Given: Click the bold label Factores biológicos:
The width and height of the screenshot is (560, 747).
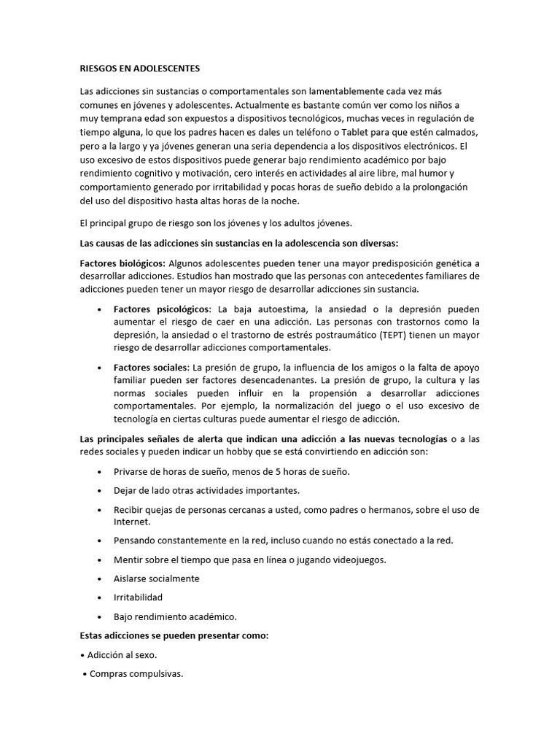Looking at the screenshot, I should point(122,263).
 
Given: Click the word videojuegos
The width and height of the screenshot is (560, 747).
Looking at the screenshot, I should point(351,560).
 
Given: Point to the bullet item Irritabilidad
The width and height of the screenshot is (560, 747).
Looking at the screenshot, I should point(138,597).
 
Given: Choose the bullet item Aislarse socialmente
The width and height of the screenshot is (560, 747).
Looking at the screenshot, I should point(156,578).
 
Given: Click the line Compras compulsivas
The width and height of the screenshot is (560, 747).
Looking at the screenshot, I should point(136,673).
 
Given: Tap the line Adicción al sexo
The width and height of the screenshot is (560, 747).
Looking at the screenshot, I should point(121,654).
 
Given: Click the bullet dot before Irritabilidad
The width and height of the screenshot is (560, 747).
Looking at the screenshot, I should point(98,597).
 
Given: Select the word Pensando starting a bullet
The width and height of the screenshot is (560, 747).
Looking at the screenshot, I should point(136,541).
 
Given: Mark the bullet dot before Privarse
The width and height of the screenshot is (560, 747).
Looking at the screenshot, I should point(98,472).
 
